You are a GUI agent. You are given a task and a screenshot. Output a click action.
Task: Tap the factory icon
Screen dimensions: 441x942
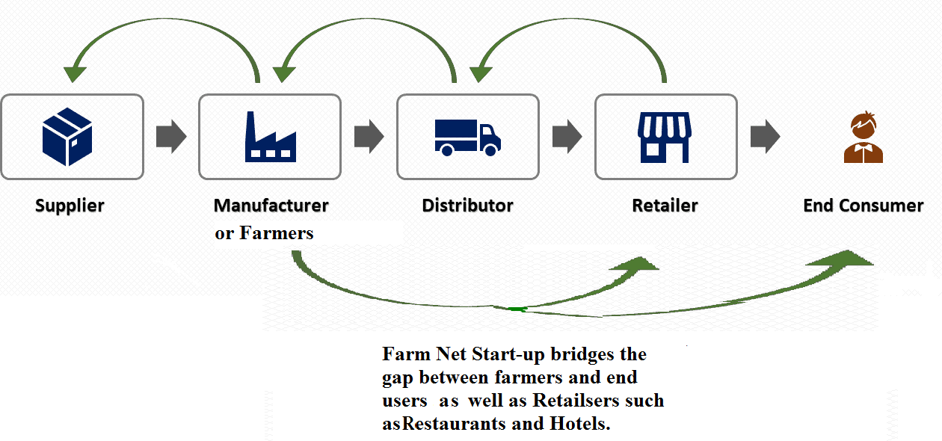tap(270, 137)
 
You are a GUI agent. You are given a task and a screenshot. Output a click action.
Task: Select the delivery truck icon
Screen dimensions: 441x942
tap(468, 137)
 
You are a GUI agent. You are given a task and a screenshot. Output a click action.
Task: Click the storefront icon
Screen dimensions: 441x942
tap(665, 137)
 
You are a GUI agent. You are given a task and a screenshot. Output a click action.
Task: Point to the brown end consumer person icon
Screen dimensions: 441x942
tap(863, 138)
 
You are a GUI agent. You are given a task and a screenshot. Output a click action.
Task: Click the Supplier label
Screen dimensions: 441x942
tap(70, 206)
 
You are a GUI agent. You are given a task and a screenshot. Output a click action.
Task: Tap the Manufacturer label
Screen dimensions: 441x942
tap(271, 206)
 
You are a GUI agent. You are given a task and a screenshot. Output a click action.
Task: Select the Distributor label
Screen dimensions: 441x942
tap(468, 206)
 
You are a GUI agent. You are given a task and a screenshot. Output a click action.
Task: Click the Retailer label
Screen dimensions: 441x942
tap(665, 206)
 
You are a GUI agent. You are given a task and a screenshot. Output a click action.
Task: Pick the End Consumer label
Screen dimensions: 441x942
tap(863, 206)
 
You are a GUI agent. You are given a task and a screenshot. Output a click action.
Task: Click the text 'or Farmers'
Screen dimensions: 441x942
tap(264, 233)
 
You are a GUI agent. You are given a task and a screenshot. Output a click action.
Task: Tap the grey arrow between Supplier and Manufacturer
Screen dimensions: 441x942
tap(171, 137)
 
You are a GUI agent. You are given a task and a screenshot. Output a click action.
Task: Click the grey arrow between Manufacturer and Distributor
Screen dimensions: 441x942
tap(369, 137)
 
